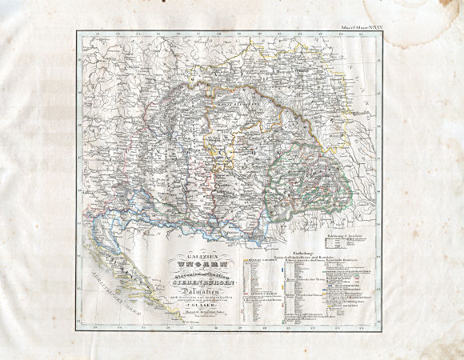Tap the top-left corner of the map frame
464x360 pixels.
tap(78, 31)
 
